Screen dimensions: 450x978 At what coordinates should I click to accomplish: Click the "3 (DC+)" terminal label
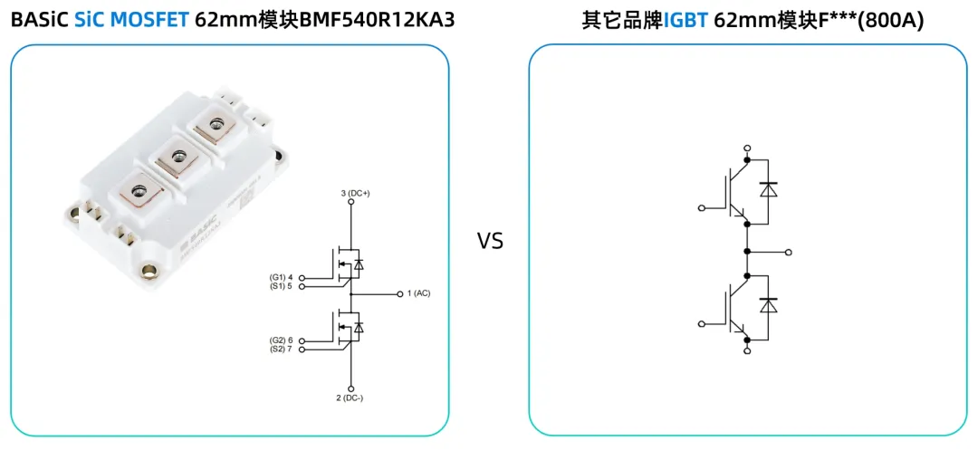[356, 194]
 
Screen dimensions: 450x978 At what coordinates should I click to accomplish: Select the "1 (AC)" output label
[418, 293]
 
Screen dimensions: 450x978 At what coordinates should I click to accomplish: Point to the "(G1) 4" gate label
[282, 277]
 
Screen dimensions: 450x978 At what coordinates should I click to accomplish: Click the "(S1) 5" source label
[282, 286]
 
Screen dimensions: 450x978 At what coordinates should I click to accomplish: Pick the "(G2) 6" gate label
[282, 340]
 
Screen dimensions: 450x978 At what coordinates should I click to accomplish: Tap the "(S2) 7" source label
[282, 349]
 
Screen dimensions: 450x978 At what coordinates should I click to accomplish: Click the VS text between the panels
[490, 241]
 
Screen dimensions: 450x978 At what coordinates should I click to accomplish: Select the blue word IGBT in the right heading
[686, 20]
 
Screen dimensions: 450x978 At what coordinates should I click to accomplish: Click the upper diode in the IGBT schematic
[769, 190]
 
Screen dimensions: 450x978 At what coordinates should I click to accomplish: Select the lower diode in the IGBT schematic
[769, 305]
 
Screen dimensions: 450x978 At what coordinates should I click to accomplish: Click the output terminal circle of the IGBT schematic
[789, 253]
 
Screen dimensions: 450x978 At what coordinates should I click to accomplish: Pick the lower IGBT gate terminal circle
[701, 322]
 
